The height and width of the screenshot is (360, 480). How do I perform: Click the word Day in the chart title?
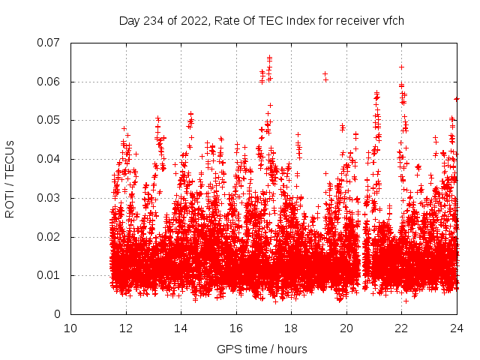click(129, 21)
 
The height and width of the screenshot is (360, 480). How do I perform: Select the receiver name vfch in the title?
click(392, 21)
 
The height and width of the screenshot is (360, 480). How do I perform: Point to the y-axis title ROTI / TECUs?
click(10, 178)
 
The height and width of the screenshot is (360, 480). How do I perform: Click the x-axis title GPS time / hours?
click(262, 349)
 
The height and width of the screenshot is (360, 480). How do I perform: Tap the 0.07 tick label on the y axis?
click(50, 43)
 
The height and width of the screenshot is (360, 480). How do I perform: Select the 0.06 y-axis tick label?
click(50, 82)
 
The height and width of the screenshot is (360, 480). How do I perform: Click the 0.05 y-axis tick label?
click(50, 120)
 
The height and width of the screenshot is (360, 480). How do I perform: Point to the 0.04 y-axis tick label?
click(50, 159)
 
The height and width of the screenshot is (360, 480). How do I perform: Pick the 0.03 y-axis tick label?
click(50, 198)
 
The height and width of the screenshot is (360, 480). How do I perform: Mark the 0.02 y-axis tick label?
click(50, 237)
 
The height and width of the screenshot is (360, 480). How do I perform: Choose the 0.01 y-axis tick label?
click(50, 275)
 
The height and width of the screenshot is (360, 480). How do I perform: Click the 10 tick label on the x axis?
click(70, 328)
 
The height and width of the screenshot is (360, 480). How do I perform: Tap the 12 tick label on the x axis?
click(126, 328)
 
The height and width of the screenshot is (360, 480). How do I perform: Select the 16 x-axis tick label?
click(236, 328)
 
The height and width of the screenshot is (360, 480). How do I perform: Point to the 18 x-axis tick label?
click(291, 328)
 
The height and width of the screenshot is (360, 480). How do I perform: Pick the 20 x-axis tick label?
click(346, 328)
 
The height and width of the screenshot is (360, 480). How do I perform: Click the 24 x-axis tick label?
click(456, 328)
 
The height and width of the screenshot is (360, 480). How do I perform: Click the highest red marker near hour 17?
click(269, 57)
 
